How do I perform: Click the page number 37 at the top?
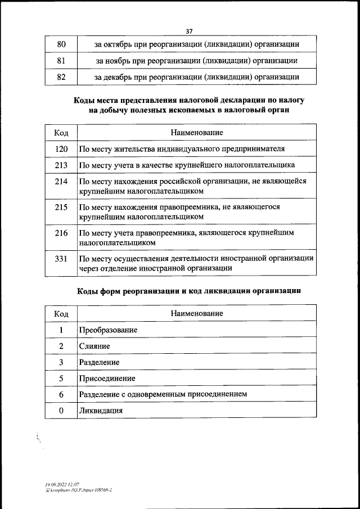189,32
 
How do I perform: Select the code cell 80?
61,44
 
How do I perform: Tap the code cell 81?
61,60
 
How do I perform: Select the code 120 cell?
61,148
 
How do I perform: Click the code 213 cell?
61,165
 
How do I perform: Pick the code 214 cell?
61,181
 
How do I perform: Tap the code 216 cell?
61,232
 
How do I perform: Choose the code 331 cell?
61,258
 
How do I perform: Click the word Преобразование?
108,330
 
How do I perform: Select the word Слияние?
94,346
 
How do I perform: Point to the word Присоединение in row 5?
107,379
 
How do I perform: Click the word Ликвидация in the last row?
101,411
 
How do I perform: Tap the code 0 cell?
61,411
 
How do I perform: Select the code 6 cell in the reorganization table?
61,394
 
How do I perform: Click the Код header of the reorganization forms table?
61,313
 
